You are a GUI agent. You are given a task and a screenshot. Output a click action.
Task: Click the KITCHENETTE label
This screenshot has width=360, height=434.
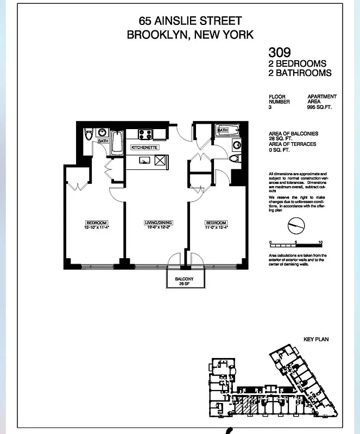click(144, 147)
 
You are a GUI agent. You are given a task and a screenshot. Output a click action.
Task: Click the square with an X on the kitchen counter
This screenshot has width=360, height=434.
click(160, 160)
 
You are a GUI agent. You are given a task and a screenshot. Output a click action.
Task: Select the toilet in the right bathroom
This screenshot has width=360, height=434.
click(235, 159)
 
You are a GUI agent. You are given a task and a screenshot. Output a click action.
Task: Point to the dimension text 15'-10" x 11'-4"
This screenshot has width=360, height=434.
click(96, 227)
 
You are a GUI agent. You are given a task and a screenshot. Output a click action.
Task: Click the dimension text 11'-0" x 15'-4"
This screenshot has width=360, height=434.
click(216, 227)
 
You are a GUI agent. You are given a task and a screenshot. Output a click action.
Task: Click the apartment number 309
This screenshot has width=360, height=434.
click(280, 53)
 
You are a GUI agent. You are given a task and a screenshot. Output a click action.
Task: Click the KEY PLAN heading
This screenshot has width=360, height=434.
click(316, 339)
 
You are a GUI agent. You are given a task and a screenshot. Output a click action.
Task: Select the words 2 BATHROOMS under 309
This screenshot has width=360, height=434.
click(300, 73)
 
